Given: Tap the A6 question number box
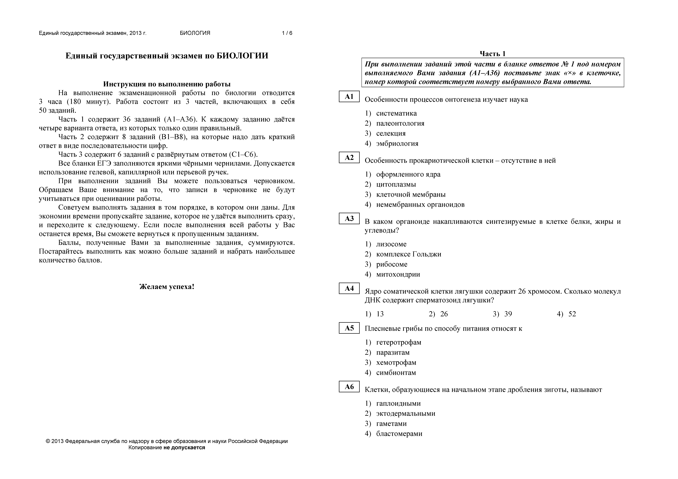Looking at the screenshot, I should pos(349,387).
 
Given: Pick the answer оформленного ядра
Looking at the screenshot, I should pos(408,174).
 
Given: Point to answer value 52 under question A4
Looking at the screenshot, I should pos(572,314).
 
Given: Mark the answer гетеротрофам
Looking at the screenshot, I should pos(399,342).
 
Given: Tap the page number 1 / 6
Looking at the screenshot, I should pos(287,33).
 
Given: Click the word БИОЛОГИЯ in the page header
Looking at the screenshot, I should pos(195,33).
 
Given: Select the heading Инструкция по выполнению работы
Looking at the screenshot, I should pos(167,84).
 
